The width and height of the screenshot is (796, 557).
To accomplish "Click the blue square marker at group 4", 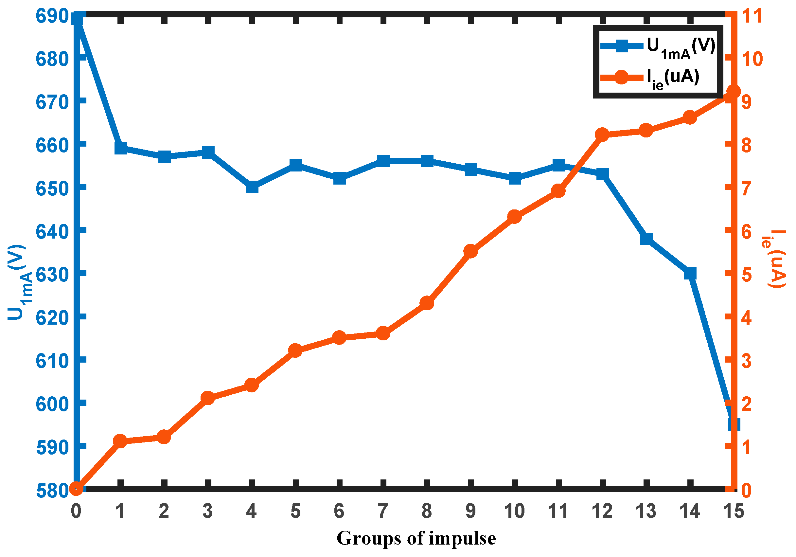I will click(x=252, y=187).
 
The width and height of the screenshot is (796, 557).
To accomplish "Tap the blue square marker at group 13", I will click(x=646, y=239).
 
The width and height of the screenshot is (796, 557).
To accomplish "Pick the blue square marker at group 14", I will click(x=690, y=273).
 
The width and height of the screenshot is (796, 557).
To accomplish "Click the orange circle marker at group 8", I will click(x=427, y=303).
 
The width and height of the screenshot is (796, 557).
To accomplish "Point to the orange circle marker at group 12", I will click(x=602, y=135).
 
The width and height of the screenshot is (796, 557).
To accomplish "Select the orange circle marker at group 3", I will click(x=208, y=398).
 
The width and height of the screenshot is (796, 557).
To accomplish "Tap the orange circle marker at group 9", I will click(x=471, y=251).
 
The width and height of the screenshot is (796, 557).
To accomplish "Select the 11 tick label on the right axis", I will click(x=752, y=16).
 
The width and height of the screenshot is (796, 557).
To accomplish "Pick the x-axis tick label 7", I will click(x=383, y=511).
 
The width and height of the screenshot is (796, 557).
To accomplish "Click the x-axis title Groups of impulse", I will click(x=416, y=538).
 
